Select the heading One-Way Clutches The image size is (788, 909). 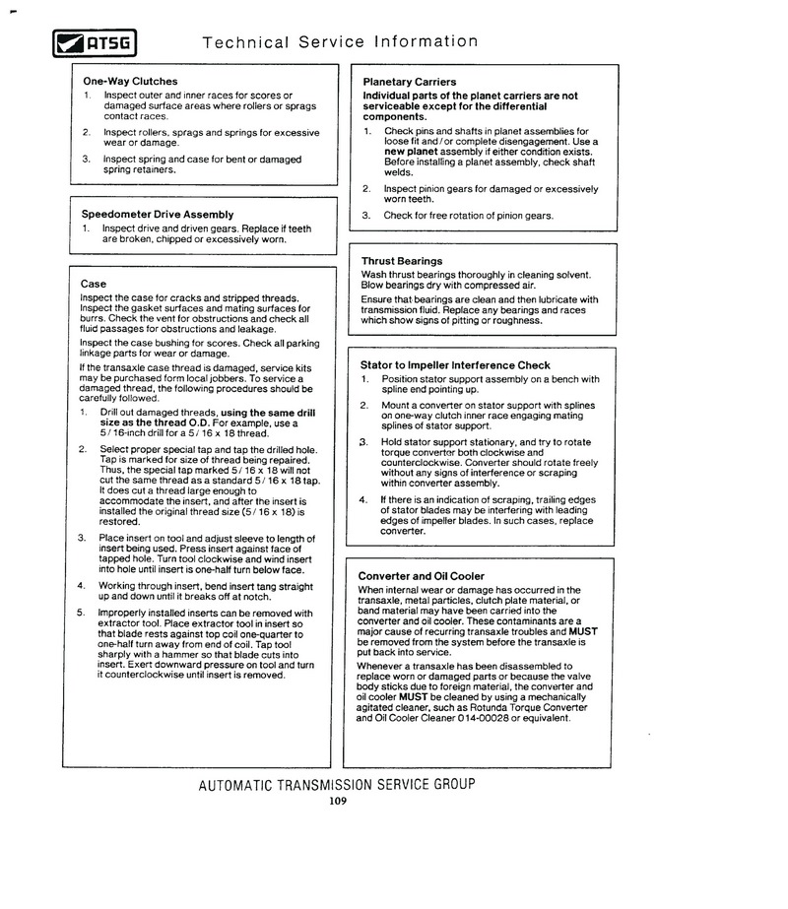tap(130, 81)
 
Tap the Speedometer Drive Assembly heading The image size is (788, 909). tap(157, 214)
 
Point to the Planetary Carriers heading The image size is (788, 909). tap(409, 81)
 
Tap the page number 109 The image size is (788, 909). tap(339, 801)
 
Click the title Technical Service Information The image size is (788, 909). tap(340, 42)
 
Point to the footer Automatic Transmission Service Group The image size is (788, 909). tap(336, 785)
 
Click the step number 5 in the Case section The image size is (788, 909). tap(82, 613)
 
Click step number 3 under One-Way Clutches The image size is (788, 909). tap(86, 159)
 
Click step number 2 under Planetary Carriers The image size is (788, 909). tap(365, 188)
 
